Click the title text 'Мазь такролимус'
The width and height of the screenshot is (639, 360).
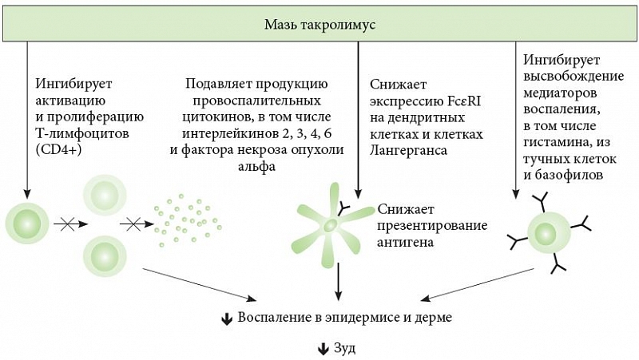pos(319,25)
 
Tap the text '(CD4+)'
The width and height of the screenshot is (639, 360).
pos(58,149)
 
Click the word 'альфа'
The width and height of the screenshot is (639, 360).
pos(256,166)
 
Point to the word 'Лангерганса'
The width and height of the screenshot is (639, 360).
pos(408,150)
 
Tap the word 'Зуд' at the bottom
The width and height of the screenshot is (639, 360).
pos(344,348)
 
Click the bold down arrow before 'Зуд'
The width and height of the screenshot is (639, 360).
pos(323,349)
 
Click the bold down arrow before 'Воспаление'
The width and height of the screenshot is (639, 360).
pos(227,318)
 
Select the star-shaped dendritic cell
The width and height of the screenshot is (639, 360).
pos(331,225)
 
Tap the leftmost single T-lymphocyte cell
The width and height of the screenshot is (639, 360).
pos(27,224)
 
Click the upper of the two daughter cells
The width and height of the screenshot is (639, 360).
pos(105,196)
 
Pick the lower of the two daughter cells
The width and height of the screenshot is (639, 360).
pos(105,255)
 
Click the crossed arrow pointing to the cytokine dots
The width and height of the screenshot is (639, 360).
pos(137,224)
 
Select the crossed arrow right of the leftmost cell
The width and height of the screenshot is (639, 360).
pos(71,224)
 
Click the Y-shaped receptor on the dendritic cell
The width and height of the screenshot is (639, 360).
pos(344,209)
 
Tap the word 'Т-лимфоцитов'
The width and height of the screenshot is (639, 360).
pos(82,133)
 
